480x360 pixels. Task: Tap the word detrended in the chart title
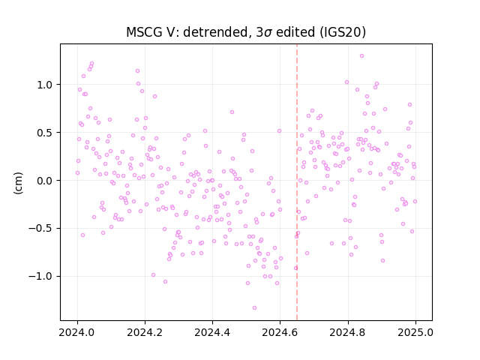point(215,32)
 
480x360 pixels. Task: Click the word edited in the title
point(295,32)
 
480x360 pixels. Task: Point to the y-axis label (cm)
point(18,183)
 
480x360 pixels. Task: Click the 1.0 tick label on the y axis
point(45,85)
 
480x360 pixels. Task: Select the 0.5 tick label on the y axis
point(45,133)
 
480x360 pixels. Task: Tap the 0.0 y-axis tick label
point(45,181)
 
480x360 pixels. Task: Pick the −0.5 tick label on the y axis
point(40,229)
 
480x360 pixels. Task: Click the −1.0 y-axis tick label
point(40,277)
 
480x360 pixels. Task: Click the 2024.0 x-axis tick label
point(77,332)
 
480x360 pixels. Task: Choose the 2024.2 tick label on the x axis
point(145,332)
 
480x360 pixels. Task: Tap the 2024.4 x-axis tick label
point(212,332)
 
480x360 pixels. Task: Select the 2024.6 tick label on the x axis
point(280,332)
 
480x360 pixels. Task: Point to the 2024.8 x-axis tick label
point(347,332)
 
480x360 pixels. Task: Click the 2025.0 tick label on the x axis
point(415,332)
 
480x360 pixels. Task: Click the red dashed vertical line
point(297,182)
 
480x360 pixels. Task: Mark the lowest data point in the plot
point(254,308)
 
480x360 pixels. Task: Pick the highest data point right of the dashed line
point(361,56)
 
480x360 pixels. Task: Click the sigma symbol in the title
point(268,33)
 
